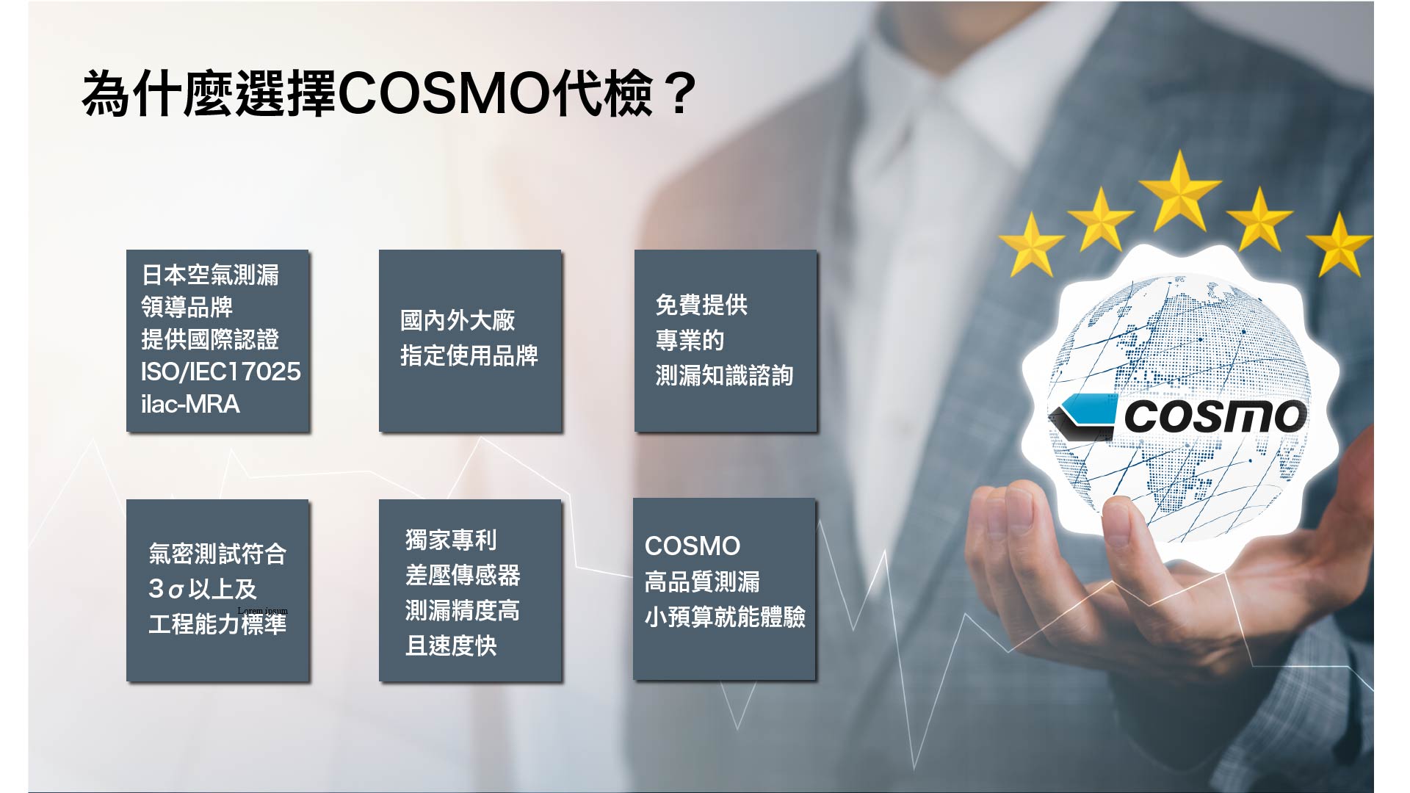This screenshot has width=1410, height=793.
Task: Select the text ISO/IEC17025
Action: pos(220,372)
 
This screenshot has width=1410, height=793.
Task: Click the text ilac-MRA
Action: pos(190,404)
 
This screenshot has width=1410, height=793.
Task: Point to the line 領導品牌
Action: pos(187,307)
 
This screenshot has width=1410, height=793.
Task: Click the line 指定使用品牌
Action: pos(469,355)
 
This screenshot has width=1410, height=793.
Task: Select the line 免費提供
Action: pos(701,305)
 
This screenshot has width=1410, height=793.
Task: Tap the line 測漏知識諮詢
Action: pos(724,375)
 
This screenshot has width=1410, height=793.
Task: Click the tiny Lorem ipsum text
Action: pos(263,611)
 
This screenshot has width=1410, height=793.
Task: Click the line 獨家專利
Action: pos(451,540)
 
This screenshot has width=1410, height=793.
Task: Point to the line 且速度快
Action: pos(451,645)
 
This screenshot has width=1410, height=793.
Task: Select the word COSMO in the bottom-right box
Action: pos(693,546)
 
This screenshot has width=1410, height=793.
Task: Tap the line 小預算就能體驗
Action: pos(725,617)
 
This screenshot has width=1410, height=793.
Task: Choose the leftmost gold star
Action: pos(1032,244)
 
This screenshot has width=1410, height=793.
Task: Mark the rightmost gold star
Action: pos(1339,244)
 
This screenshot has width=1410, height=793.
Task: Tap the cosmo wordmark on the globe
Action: pos(1215,416)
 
